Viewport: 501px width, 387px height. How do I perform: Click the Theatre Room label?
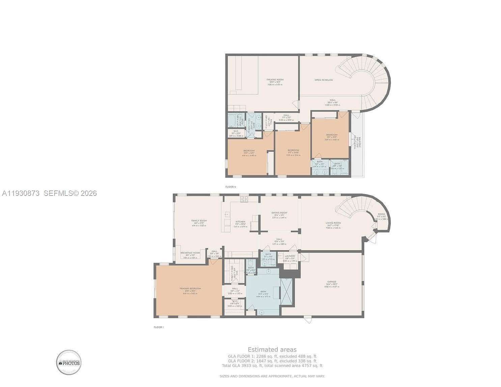275,80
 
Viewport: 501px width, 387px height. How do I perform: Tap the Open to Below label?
324,80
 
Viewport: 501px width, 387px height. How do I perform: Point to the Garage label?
331,282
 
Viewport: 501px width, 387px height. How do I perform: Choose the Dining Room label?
279,213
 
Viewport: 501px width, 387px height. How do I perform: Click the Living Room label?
333,223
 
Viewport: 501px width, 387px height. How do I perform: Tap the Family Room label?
199,221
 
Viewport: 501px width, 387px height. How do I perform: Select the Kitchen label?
240,222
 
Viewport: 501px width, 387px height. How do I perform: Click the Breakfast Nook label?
190,253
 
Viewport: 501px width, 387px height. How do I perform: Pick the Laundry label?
290,256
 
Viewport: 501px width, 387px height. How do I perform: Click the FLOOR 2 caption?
231,187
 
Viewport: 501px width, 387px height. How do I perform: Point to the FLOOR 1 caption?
158,327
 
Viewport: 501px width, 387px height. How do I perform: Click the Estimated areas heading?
272,350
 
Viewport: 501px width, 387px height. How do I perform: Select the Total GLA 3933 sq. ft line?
272,365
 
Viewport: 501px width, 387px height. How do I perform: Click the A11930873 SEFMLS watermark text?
49,193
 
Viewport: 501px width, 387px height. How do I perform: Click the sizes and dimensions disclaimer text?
272,376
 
